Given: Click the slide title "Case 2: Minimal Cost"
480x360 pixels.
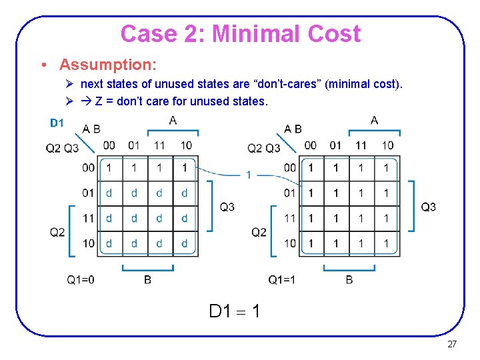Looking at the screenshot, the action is pyautogui.click(x=241, y=33).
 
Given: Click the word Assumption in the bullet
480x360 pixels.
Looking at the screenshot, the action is pyautogui.click(x=107, y=65).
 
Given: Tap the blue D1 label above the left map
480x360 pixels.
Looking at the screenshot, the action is pyautogui.click(x=57, y=123).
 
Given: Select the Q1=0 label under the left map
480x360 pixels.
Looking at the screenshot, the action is pyautogui.click(x=80, y=280).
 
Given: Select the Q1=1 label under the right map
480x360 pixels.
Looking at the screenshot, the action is pyautogui.click(x=282, y=280).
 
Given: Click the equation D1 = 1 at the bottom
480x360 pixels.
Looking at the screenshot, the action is pyautogui.click(x=235, y=311).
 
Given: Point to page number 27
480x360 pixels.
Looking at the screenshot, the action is pyautogui.click(x=451, y=345).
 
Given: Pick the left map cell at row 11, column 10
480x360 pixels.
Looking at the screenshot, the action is pyautogui.click(x=185, y=219).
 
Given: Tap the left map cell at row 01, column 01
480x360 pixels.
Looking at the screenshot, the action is pyautogui.click(x=135, y=193).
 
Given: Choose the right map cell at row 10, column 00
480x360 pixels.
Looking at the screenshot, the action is pyautogui.click(x=311, y=243).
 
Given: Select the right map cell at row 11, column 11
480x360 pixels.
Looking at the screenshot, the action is pyautogui.click(x=361, y=219).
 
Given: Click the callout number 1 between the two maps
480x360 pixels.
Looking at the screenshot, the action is pyautogui.click(x=248, y=175).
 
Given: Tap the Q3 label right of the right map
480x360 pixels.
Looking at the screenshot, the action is pyautogui.click(x=429, y=207).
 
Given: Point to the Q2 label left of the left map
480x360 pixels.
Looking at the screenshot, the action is pyautogui.click(x=57, y=232).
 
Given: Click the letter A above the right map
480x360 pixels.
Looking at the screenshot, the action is pyautogui.click(x=374, y=121).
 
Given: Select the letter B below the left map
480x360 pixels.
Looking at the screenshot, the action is pyautogui.click(x=147, y=280).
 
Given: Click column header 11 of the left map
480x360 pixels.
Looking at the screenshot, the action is pyautogui.click(x=160, y=145).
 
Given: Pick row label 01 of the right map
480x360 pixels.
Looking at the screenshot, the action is pyautogui.click(x=290, y=193).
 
